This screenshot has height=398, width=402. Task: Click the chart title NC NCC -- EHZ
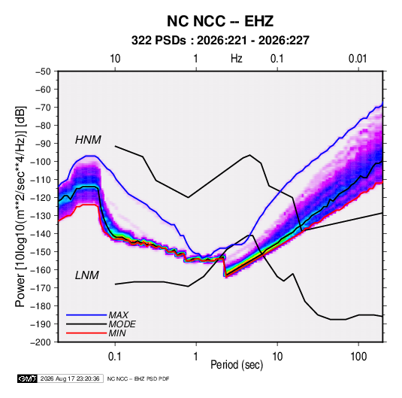(220, 21)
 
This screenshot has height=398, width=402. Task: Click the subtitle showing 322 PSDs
(220, 41)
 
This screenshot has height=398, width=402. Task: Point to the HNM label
(88, 140)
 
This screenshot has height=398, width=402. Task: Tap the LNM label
(87, 275)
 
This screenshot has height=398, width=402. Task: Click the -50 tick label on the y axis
(43, 71)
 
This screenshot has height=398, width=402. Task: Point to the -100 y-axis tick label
(41, 162)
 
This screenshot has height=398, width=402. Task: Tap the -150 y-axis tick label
(41, 252)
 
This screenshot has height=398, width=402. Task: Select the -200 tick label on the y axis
(41, 342)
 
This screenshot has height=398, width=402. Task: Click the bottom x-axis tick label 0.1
(115, 357)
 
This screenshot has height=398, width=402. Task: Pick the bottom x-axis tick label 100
(358, 357)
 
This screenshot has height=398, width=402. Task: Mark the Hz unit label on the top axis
(237, 59)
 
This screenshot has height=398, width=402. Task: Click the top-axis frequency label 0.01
(358, 59)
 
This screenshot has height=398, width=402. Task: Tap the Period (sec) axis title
(237, 365)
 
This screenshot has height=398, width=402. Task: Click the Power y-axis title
(20, 206)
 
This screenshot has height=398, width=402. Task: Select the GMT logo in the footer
(27, 378)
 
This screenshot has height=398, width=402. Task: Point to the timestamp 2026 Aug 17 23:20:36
(70, 378)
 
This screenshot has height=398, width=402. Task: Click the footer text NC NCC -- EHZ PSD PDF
(138, 378)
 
